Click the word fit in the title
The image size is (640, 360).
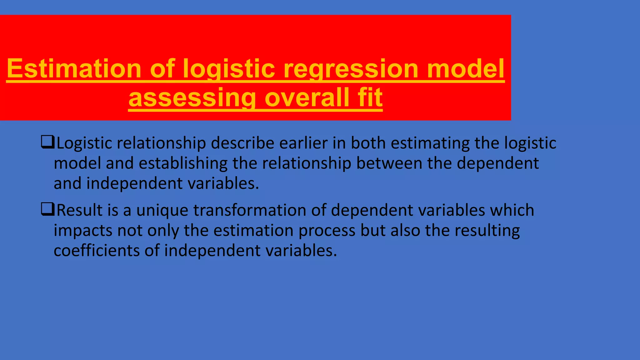coord(370,98)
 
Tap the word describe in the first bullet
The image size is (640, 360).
coord(242,143)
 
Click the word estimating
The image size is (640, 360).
coord(430,143)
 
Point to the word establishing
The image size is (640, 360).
coord(183,163)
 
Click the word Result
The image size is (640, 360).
coord(79,210)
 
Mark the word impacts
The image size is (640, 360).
coord(83,231)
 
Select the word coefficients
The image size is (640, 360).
coord(96,251)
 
